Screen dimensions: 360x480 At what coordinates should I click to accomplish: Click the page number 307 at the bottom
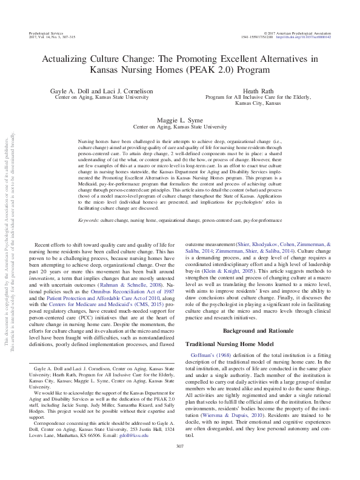point(179,464)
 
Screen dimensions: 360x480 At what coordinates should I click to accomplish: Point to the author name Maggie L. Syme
point(179,121)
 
